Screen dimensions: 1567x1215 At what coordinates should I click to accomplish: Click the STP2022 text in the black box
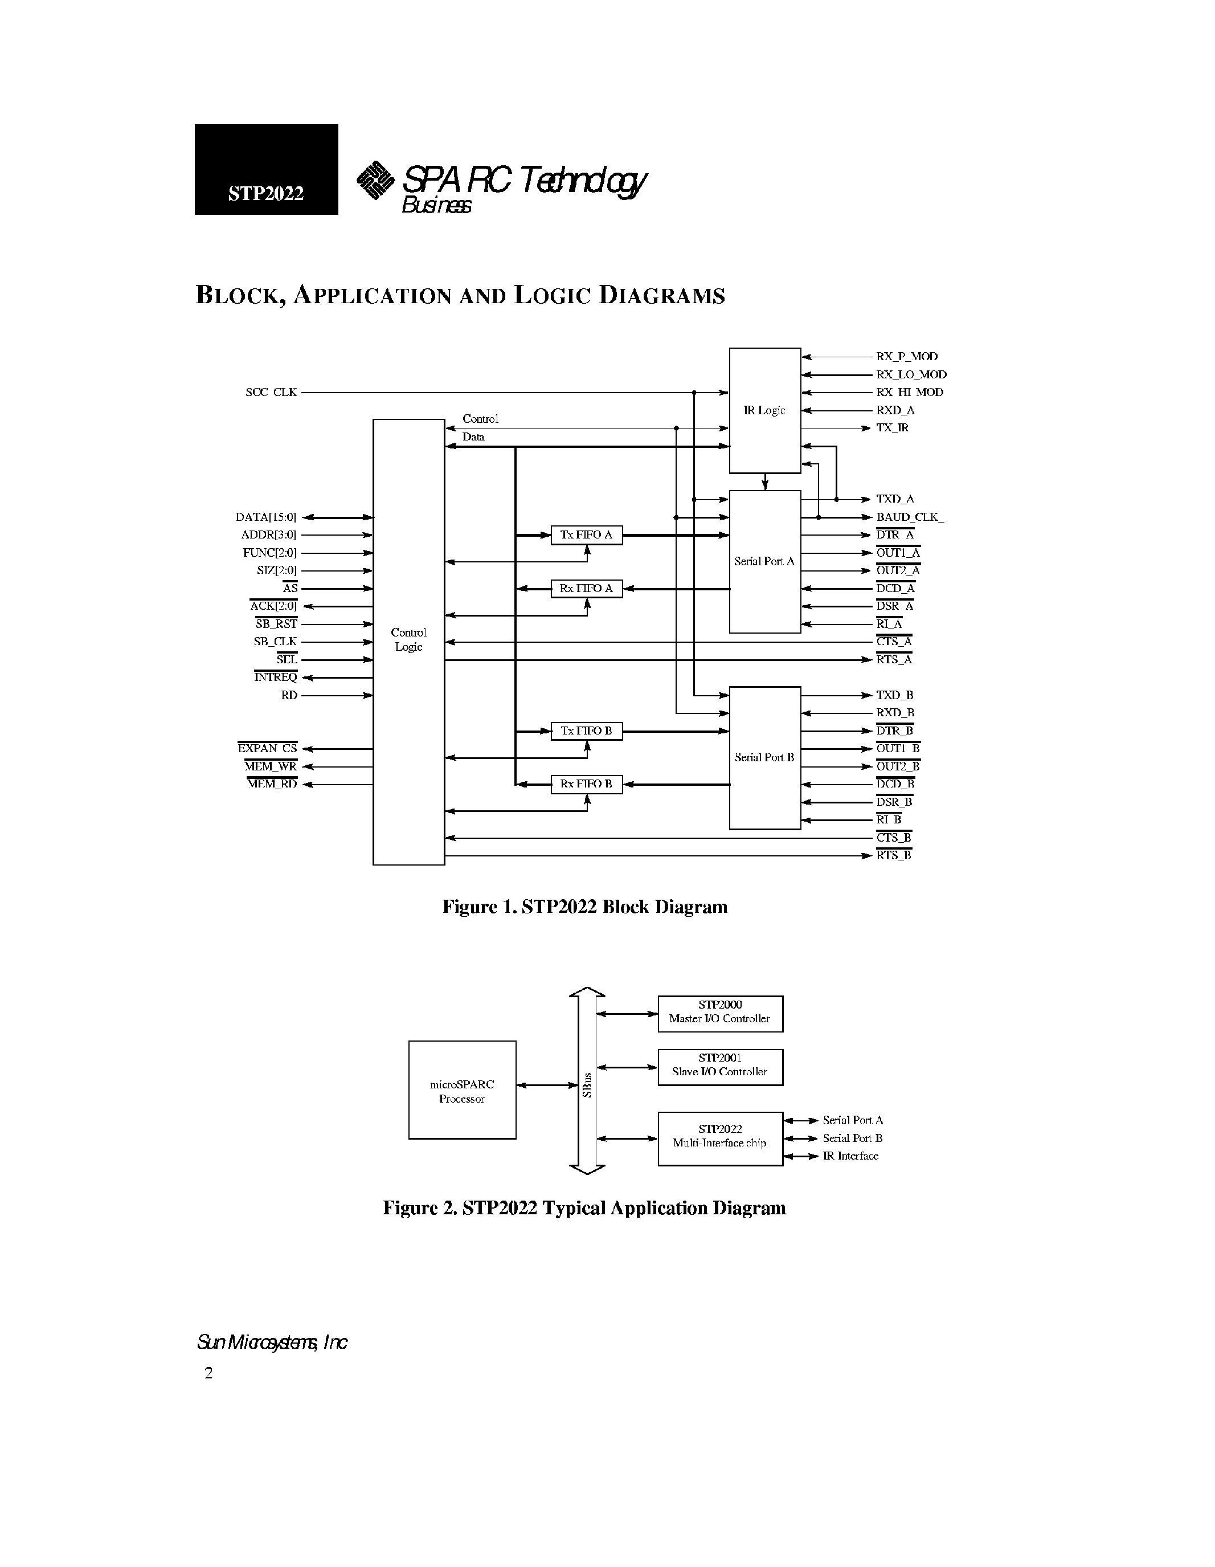click(265, 194)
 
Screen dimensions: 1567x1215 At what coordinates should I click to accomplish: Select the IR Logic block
click(764, 410)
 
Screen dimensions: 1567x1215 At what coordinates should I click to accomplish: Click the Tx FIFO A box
click(586, 535)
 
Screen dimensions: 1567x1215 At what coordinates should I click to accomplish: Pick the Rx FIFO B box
click(586, 784)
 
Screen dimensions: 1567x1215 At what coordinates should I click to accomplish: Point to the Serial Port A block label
click(764, 562)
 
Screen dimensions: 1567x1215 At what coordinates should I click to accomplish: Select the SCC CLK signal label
click(271, 393)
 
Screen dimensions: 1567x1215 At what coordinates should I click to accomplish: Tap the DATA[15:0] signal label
click(265, 517)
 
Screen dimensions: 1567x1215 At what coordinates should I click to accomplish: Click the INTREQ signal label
click(276, 678)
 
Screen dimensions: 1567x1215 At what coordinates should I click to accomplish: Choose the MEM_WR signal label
click(271, 766)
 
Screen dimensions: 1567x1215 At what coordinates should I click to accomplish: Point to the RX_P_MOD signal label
click(907, 357)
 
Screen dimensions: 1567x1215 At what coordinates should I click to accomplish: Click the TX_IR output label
click(891, 427)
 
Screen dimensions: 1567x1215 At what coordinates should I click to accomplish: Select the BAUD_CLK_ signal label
click(910, 517)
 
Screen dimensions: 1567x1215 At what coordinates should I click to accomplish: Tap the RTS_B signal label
click(894, 855)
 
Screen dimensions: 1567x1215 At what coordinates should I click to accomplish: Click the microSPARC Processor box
click(462, 1091)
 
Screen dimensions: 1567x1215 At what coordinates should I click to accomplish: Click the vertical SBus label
click(587, 1085)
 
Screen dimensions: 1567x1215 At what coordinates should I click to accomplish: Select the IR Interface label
click(850, 1156)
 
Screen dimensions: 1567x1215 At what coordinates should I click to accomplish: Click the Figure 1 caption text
click(584, 908)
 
